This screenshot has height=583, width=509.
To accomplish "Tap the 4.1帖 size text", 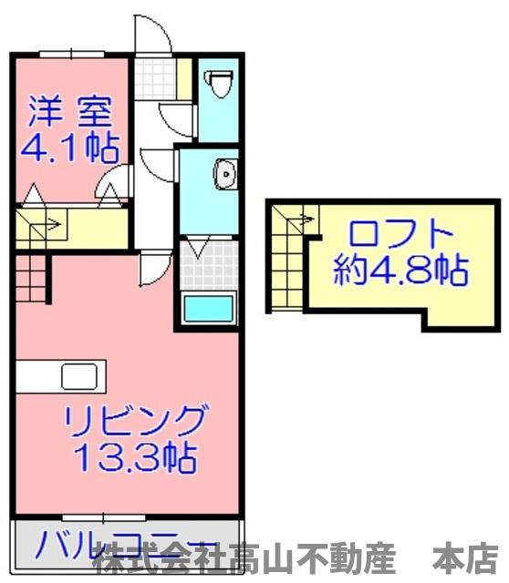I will [69, 147].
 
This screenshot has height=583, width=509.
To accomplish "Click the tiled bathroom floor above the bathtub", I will [208, 263].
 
